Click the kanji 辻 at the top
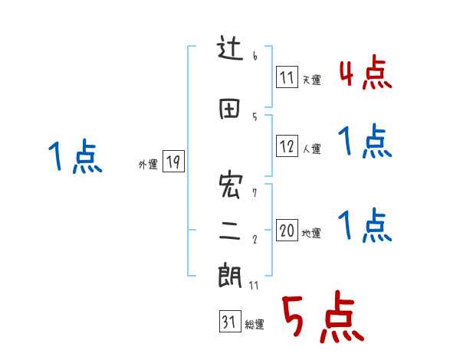coord(231,52)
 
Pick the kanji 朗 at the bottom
coord(231,275)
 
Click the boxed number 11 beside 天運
coord(287,77)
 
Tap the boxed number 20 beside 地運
coord(287,231)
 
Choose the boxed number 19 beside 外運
coord(173,162)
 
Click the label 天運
coord(311,80)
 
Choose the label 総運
coord(255,325)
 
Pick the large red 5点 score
coord(320,318)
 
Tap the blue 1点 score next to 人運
coord(365,142)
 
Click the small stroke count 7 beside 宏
coord(255,193)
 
